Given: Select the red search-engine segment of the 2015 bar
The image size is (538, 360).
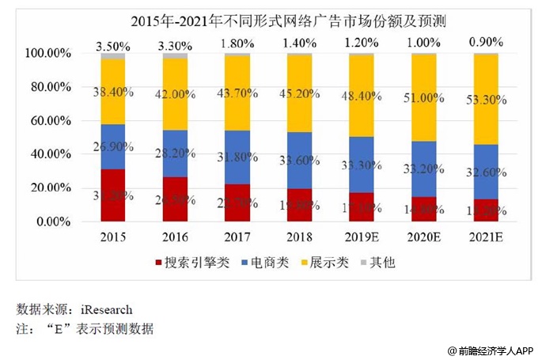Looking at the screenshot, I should tap(113, 195).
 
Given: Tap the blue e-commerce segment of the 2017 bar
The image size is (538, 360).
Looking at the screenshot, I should tap(237, 157).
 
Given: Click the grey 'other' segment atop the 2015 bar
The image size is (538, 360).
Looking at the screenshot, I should tap(113, 56).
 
